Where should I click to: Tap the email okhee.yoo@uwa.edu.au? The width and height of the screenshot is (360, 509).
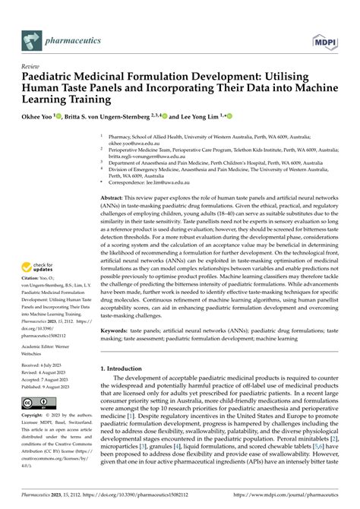coord(134,142)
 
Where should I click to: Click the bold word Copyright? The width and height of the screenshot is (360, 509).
coord(33,416)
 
